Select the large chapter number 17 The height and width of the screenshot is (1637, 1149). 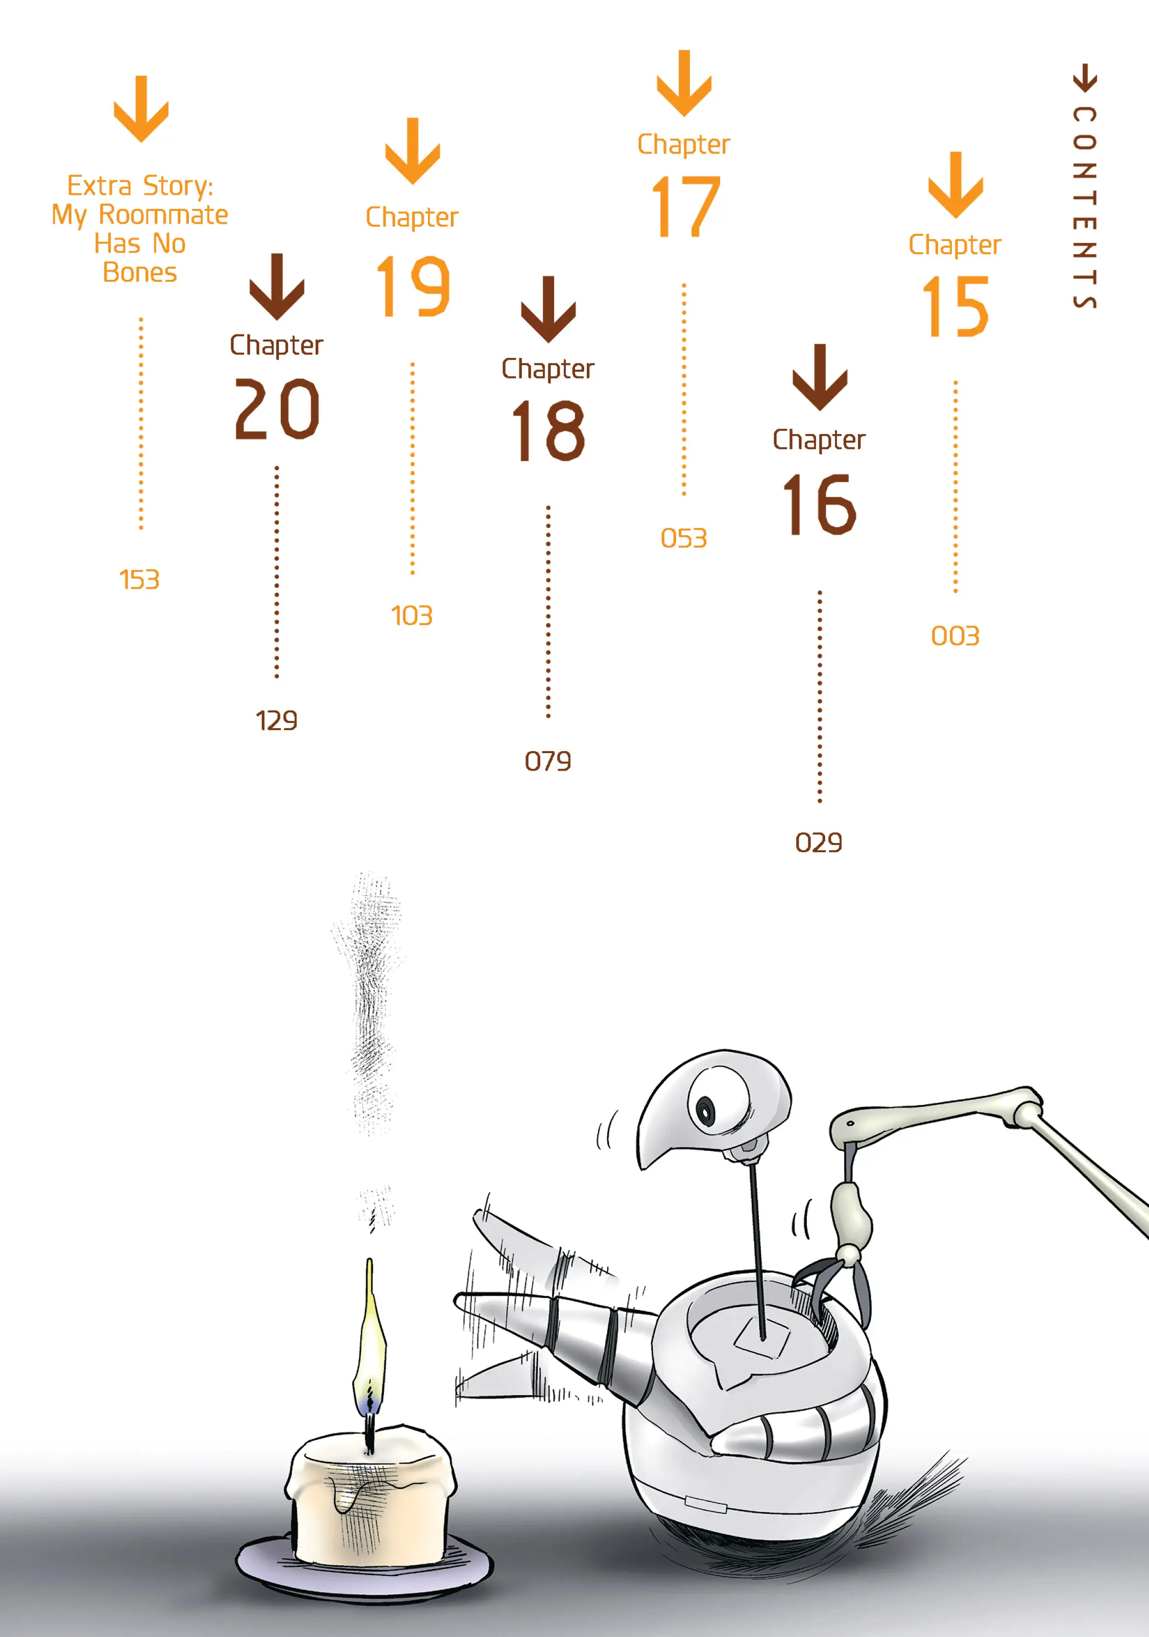click(685, 207)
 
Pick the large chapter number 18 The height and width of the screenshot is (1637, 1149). click(548, 430)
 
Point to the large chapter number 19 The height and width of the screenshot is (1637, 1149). click(413, 286)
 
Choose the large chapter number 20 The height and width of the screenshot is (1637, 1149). click(277, 408)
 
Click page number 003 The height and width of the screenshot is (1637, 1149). click(955, 636)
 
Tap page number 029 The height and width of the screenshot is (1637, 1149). click(819, 842)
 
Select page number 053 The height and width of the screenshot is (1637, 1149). click(683, 538)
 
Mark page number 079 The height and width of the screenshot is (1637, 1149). click(548, 761)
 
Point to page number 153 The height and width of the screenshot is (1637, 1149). click(139, 580)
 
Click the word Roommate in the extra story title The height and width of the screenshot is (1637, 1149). click(163, 214)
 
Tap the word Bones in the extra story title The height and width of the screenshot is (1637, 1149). click(140, 272)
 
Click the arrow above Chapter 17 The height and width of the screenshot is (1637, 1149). click(684, 83)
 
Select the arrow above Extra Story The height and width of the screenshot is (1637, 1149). click(141, 109)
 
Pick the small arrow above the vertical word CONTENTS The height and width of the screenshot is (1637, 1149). click(1085, 79)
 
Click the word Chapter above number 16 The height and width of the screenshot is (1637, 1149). click(819, 440)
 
